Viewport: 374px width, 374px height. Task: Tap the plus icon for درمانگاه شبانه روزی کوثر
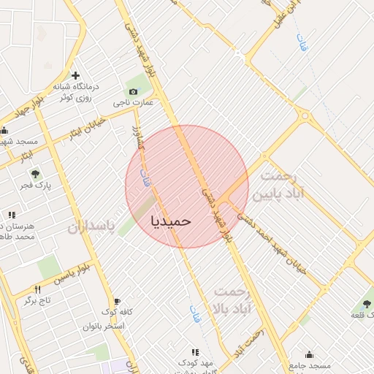coord(75,75)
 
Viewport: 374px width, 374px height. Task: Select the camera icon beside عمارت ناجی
coord(133,92)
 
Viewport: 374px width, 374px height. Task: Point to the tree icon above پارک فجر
coord(34,173)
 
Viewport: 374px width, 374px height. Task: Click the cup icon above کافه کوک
coord(116,301)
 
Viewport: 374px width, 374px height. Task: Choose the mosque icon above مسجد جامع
coord(309,354)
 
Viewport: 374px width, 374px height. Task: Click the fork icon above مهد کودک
coord(194,352)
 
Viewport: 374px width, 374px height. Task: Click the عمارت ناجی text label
coord(133,103)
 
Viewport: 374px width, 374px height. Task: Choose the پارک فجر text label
coord(36,186)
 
